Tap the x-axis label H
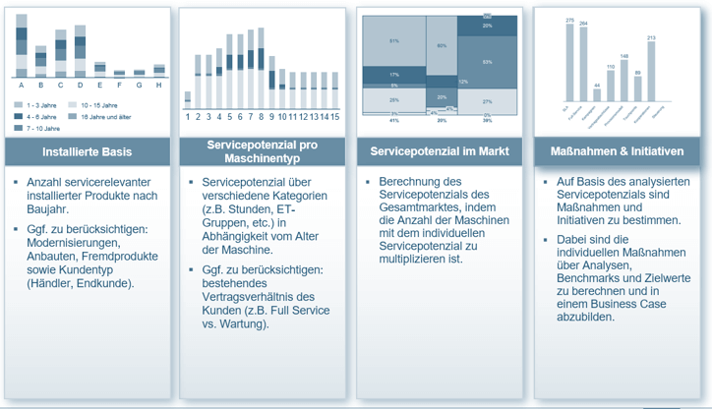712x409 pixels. (159, 85)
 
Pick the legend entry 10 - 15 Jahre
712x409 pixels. (99, 104)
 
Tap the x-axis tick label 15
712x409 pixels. (335, 116)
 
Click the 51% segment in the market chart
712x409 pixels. (392, 42)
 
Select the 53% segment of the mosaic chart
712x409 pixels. (488, 63)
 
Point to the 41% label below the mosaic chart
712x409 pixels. (393, 121)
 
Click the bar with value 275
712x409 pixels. (569, 60)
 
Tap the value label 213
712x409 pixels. (651, 38)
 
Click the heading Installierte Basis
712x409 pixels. (88, 152)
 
